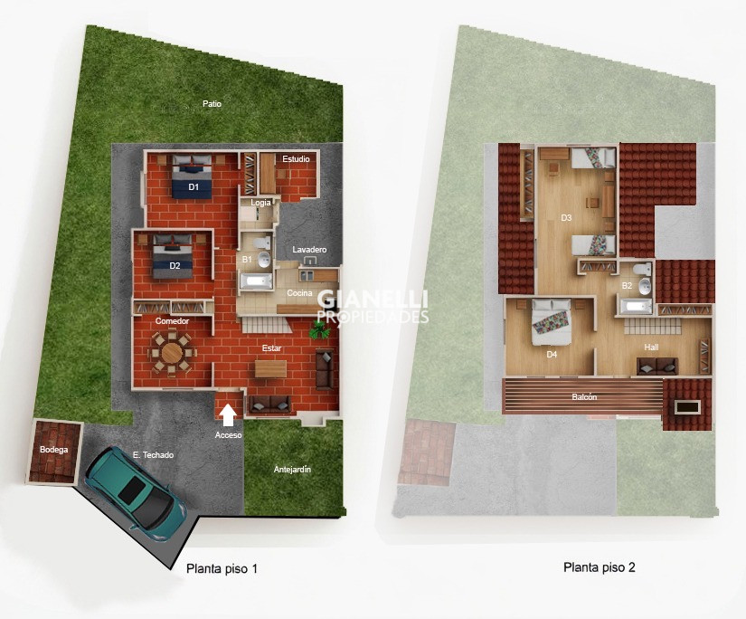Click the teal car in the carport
(136, 493)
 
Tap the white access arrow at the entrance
(229, 414)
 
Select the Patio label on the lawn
(212, 103)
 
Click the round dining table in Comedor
(172, 353)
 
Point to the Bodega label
(53, 450)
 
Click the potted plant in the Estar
(319, 329)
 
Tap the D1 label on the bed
(194, 187)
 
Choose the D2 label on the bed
(175, 266)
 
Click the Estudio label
(296, 159)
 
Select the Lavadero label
(309, 250)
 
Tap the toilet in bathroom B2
(642, 269)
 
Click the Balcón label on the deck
(584, 396)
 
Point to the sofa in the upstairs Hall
(657, 366)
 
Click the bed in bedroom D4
(552, 322)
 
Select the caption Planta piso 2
(599, 567)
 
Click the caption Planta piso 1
(222, 568)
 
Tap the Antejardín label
(292, 470)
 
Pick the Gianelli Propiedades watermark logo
(373, 306)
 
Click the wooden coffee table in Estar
(270, 368)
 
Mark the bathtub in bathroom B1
(256, 281)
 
